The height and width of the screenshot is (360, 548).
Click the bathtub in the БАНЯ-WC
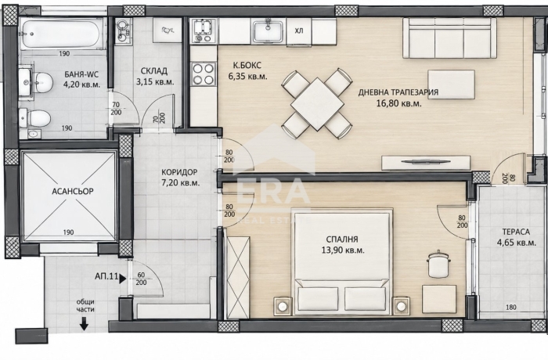coord(62,34)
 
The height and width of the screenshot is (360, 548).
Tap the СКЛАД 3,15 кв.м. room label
coord(154,77)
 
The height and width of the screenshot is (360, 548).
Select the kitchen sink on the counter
coord(269,31)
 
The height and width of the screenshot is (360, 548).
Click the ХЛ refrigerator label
coord(299,31)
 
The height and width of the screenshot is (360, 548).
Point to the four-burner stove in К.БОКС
coord(203,74)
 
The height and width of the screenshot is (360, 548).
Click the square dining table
coord(316,104)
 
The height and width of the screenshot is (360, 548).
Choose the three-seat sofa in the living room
coord(449,38)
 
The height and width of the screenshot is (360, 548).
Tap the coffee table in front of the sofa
coord(452,85)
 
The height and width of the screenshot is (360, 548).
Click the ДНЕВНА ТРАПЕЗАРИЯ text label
coord(398,92)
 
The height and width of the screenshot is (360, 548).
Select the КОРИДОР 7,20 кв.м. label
coord(180,177)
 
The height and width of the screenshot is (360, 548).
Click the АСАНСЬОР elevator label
coord(73,192)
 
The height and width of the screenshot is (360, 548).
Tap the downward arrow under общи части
coord(84,324)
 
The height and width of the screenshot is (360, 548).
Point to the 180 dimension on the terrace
coord(511,308)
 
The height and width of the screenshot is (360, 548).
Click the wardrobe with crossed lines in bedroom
coord(238,276)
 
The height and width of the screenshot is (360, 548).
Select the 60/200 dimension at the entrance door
coord(141,279)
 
